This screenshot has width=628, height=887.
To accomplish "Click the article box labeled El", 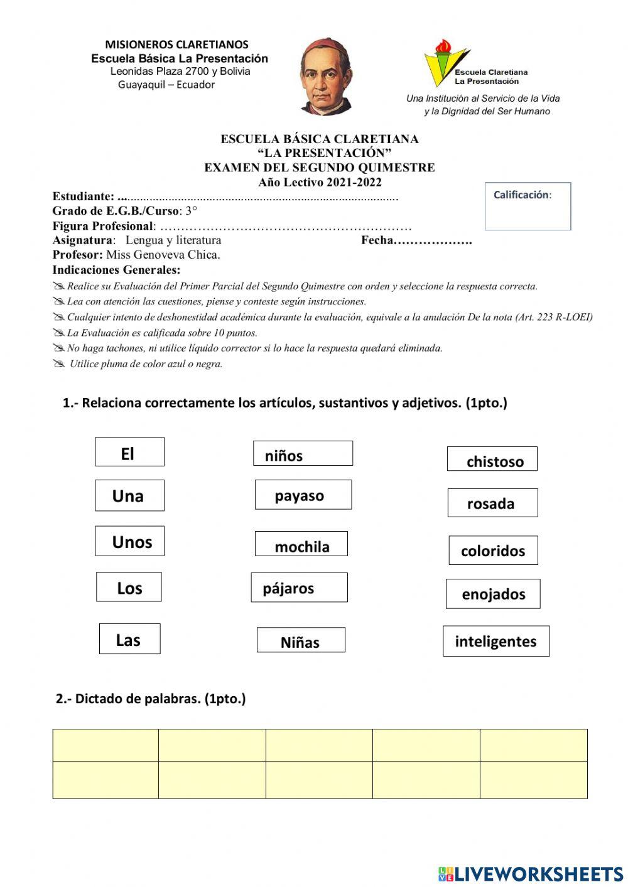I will click(x=129, y=452).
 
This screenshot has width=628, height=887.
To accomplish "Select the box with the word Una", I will click(x=129, y=495).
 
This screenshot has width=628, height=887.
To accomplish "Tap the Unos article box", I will click(x=129, y=541).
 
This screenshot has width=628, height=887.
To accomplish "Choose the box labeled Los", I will click(x=129, y=587).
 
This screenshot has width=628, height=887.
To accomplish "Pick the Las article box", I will click(x=129, y=639).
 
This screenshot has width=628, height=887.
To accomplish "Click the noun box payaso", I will click(x=303, y=495).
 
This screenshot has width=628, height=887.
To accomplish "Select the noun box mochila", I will click(x=301, y=544).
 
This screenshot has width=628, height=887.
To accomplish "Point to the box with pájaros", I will click(x=299, y=588).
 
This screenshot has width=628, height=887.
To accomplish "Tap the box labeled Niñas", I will click(x=301, y=640).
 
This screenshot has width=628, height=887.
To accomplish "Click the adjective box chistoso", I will click(x=492, y=459).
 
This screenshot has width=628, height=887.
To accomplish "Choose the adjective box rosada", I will click(x=492, y=503).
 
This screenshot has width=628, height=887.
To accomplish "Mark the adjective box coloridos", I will click(x=493, y=551).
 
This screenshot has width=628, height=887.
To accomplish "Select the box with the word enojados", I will click(x=493, y=594).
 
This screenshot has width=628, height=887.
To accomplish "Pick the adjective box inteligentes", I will click(x=495, y=641).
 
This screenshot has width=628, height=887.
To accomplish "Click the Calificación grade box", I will click(x=528, y=207).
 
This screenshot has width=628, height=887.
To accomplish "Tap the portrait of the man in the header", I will click(x=326, y=77).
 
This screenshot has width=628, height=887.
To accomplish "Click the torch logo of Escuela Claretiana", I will click(x=445, y=62).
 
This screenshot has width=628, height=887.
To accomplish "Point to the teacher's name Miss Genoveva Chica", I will click(x=163, y=255).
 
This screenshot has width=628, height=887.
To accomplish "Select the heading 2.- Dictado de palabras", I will click(x=151, y=699).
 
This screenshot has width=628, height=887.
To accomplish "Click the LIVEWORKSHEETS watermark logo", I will click(x=531, y=873).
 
